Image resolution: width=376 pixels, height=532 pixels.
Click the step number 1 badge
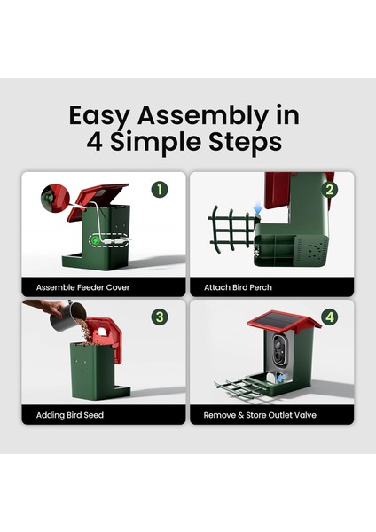(160, 190)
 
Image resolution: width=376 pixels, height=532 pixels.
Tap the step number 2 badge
(329, 190)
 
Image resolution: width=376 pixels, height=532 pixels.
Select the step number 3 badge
(160, 317)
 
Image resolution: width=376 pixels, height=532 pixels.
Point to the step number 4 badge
(330, 317)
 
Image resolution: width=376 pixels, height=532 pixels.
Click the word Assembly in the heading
(202, 116)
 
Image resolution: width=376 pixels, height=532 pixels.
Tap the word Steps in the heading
(245, 142)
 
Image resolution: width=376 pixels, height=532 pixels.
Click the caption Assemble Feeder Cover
(82, 287)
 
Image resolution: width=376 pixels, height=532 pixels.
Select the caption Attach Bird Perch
(238, 287)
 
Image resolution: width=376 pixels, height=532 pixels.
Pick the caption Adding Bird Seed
(70, 415)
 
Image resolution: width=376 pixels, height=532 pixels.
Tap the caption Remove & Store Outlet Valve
(260, 415)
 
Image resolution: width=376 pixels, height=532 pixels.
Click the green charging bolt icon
(96, 240)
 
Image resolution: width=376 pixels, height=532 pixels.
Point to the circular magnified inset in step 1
(55, 198)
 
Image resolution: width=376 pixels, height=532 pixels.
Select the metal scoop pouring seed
(67, 316)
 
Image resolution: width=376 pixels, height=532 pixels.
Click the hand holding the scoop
(45, 307)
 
